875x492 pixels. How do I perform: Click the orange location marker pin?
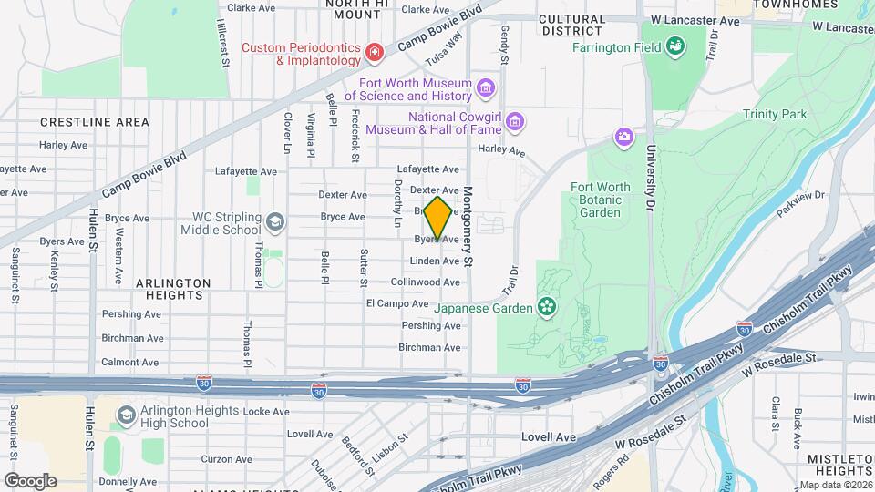click(x=437, y=218)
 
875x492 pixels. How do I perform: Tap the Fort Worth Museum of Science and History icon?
click(x=486, y=88)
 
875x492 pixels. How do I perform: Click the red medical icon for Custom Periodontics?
click(x=374, y=54)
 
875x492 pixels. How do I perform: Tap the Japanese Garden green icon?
click(x=547, y=307)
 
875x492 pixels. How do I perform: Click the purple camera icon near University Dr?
click(x=623, y=138)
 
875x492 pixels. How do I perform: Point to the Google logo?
click(x=30, y=481)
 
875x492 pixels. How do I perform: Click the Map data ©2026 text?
click(x=835, y=485)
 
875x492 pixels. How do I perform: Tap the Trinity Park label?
click(x=775, y=114)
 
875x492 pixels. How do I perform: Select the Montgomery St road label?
click(x=468, y=227)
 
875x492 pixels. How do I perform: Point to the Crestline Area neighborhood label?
click(x=94, y=121)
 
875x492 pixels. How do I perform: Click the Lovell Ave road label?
click(x=549, y=437)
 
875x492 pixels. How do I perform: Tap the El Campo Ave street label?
click(x=396, y=303)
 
